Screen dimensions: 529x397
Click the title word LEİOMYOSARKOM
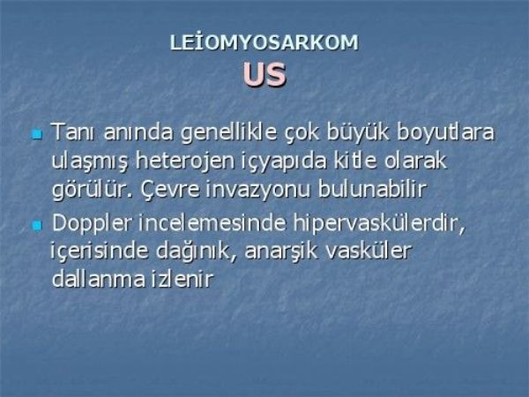point(264,43)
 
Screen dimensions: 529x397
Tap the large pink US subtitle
point(264,75)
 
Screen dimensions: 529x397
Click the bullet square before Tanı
point(36,134)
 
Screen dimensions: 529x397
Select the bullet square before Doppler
point(36,226)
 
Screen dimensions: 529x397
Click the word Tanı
point(74,132)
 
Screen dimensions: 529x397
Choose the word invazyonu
point(257,191)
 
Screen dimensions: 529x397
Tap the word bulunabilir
point(372,189)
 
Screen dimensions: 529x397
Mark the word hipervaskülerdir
point(379,223)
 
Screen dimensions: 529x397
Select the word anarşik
point(281,252)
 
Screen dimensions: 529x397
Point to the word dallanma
point(98,279)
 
